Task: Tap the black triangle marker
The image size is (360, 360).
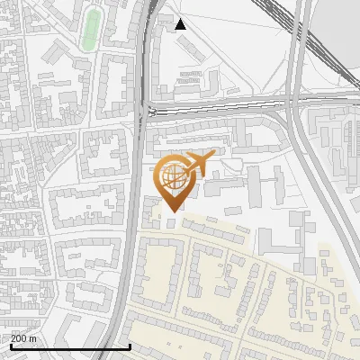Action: [x=181, y=24]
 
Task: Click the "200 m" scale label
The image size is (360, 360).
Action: [x=22, y=337]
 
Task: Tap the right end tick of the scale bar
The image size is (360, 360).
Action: [x=130, y=346]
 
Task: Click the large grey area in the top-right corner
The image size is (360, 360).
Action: [x=335, y=36]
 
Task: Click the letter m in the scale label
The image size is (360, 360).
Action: [x=31, y=337]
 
